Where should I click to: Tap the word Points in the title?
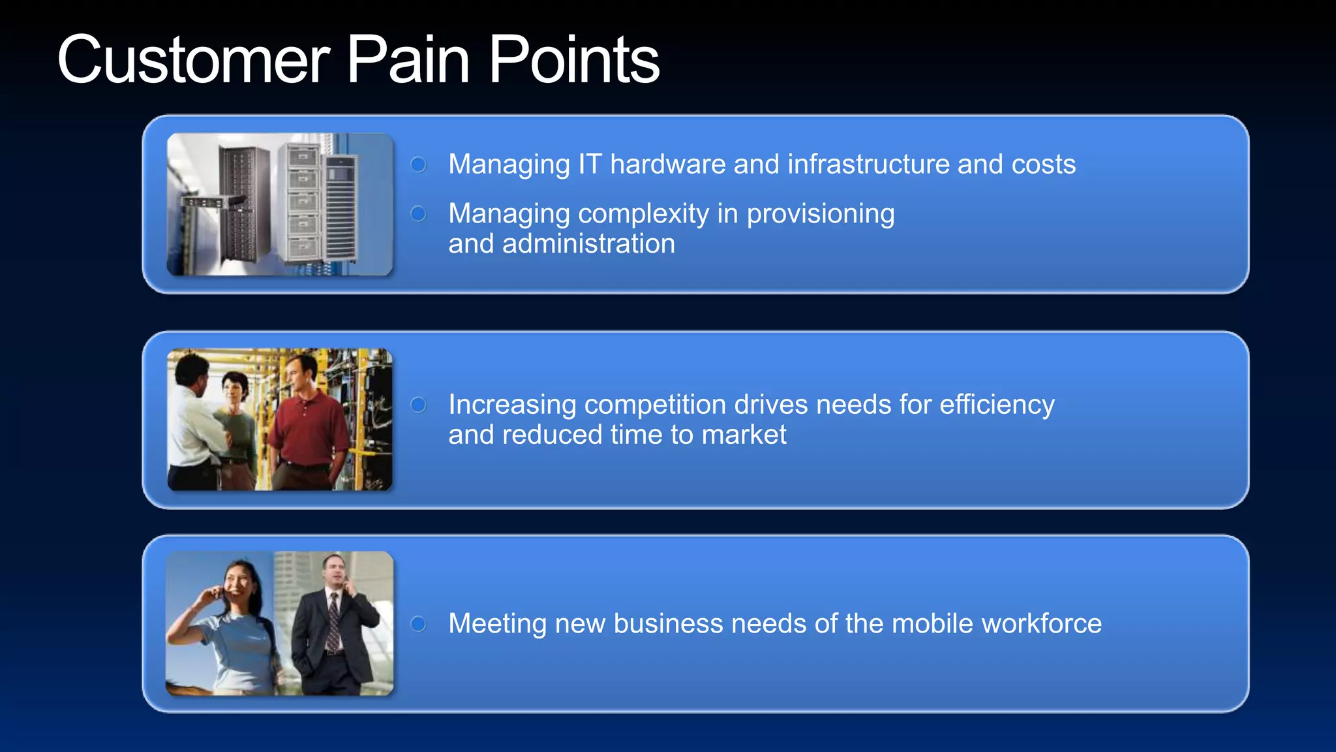point(574,61)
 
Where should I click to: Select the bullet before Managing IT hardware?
point(418,164)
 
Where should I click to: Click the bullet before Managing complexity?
point(418,213)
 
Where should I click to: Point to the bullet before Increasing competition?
point(418,405)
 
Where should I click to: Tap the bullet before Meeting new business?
point(418,623)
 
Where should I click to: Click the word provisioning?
point(820,214)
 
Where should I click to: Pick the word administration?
point(588,244)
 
